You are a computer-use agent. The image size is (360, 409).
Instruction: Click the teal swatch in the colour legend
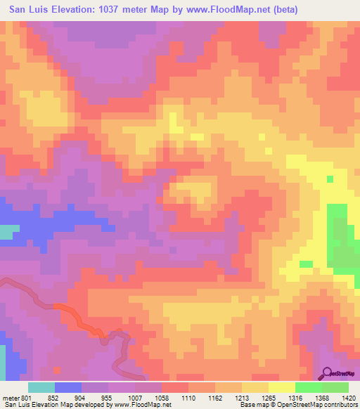pyautogui.click(x=41, y=387)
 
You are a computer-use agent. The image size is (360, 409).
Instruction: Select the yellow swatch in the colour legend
pyautogui.click(x=282, y=387)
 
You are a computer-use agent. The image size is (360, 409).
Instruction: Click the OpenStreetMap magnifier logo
pyautogui.click(x=327, y=372)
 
